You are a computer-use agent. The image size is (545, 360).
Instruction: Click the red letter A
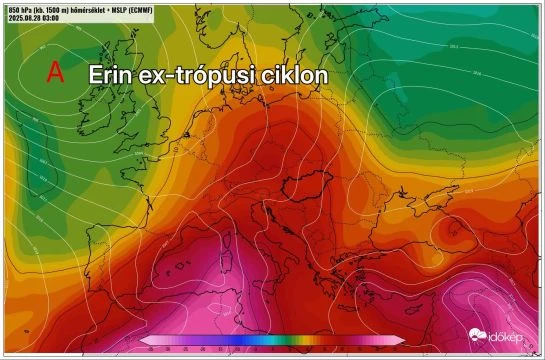coord(56,72)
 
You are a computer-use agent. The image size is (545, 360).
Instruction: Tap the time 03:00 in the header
coord(60,18)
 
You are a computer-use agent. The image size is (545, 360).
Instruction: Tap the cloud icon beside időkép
coord(477,334)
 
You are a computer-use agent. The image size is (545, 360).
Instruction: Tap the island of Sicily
coord(283,291)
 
